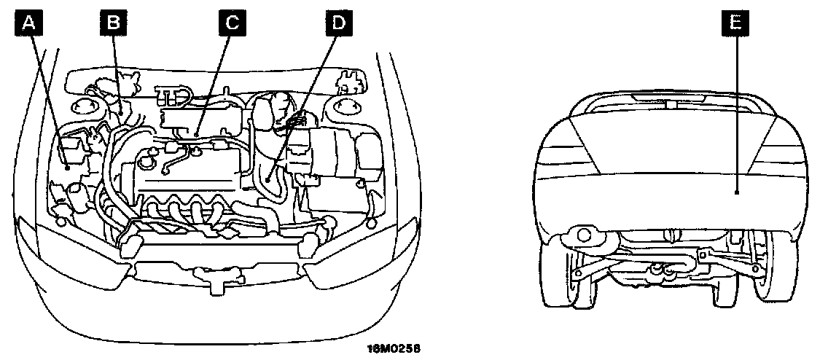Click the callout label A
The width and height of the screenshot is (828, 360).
pyautogui.click(x=28, y=23)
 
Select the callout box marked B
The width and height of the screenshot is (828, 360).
pyautogui.click(x=113, y=23)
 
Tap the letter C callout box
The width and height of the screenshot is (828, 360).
pyautogui.click(x=231, y=23)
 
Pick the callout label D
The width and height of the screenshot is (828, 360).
pyautogui.click(x=337, y=23)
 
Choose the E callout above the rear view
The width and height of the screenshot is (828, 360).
pyautogui.click(x=737, y=23)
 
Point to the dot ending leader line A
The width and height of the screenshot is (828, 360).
pyautogui.click(x=67, y=168)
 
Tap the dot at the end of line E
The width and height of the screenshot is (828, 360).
pyautogui.click(x=737, y=192)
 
